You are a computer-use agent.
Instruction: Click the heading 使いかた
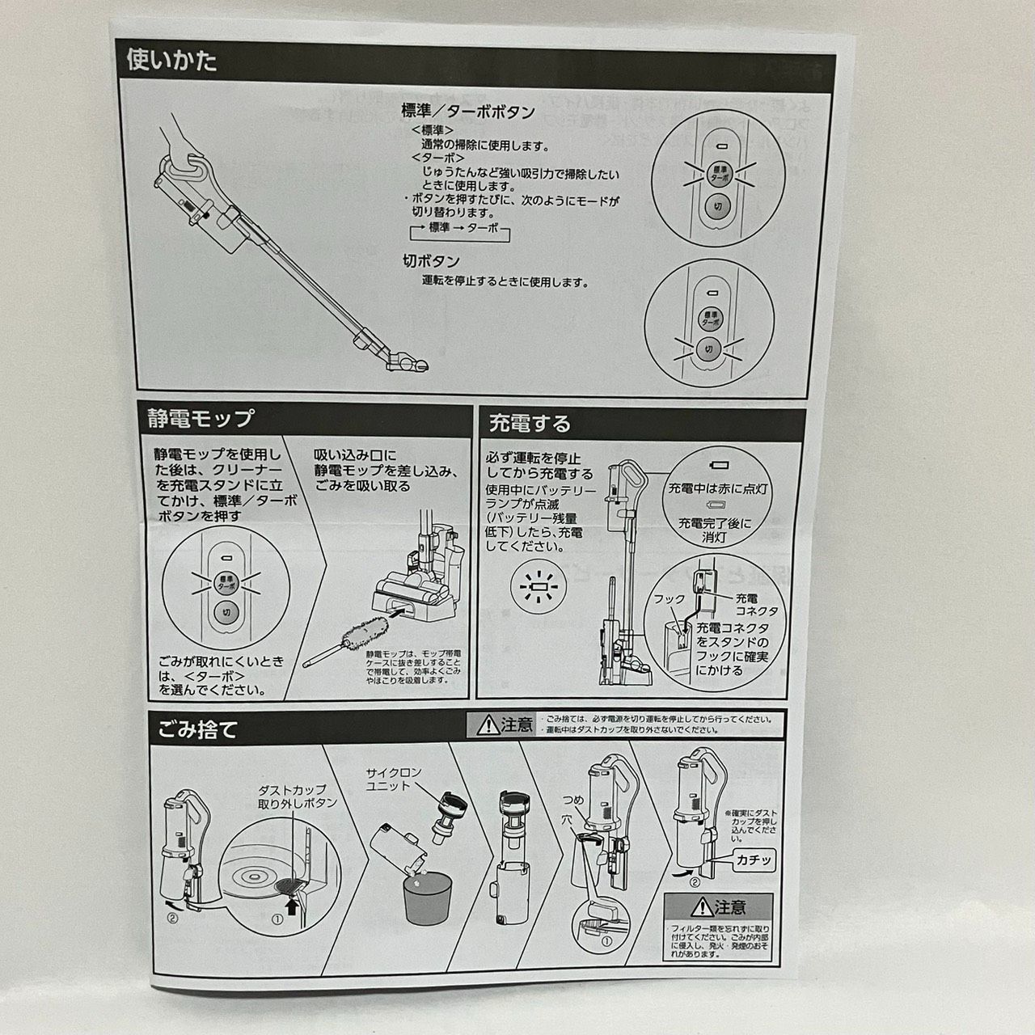[172, 61]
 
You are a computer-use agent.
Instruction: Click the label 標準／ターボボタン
[467, 112]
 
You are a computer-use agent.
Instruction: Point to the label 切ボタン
[431, 261]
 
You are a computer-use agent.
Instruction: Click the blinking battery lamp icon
[535, 585]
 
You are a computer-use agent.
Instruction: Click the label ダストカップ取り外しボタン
[297, 796]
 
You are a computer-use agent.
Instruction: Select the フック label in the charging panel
[669, 600]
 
